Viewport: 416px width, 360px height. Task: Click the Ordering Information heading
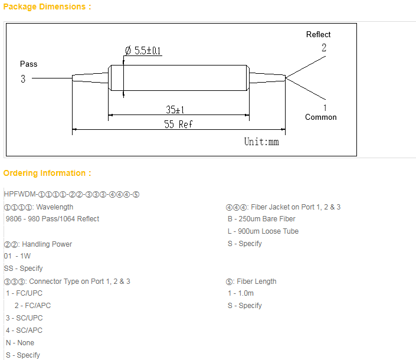(47, 173)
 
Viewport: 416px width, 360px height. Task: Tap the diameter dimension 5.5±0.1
(143, 51)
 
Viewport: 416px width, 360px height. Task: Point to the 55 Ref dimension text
(178, 124)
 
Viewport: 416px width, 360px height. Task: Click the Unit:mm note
(261, 142)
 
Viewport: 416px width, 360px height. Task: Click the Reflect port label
(318, 34)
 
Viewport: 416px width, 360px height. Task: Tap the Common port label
(321, 117)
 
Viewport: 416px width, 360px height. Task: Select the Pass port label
(29, 64)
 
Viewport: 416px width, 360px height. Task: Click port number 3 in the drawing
(23, 78)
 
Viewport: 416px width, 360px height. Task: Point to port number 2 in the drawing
(324, 48)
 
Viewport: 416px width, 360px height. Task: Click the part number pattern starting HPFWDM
(71, 194)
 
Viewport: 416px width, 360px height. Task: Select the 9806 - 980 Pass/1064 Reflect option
(52, 219)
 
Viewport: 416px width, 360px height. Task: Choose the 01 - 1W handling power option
(17, 256)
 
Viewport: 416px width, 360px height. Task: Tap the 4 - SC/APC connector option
(24, 330)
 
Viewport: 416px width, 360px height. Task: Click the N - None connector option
(20, 342)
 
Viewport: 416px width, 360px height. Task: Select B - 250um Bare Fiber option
(261, 219)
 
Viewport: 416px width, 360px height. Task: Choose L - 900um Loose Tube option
(263, 231)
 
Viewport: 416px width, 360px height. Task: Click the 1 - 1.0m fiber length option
(241, 293)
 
